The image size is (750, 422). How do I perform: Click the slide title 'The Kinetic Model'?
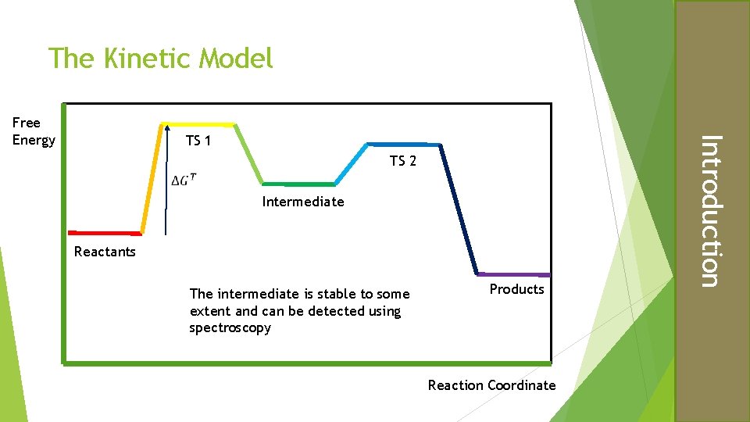(x=161, y=58)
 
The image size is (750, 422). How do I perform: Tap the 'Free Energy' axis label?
(x=34, y=131)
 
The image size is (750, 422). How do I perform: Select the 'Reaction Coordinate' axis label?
(x=491, y=384)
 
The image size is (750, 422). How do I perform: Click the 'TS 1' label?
(x=198, y=141)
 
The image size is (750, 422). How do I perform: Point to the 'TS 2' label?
(x=403, y=161)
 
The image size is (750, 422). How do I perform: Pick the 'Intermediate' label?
(x=303, y=202)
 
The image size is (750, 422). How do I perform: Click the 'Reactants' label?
(x=105, y=252)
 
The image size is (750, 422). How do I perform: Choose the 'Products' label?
(x=516, y=289)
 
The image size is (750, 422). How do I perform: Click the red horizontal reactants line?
(x=104, y=233)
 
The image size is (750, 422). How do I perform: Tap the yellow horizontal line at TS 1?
(x=197, y=124)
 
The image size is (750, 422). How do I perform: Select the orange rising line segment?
(x=152, y=178)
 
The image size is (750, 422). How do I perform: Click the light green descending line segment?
(x=248, y=154)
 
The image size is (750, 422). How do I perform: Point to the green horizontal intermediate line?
(x=298, y=184)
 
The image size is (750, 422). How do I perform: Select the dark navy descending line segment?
(x=459, y=209)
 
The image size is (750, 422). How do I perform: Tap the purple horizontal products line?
(x=513, y=274)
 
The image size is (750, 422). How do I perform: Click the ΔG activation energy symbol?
(x=183, y=181)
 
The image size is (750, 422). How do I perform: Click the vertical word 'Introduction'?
(x=708, y=211)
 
